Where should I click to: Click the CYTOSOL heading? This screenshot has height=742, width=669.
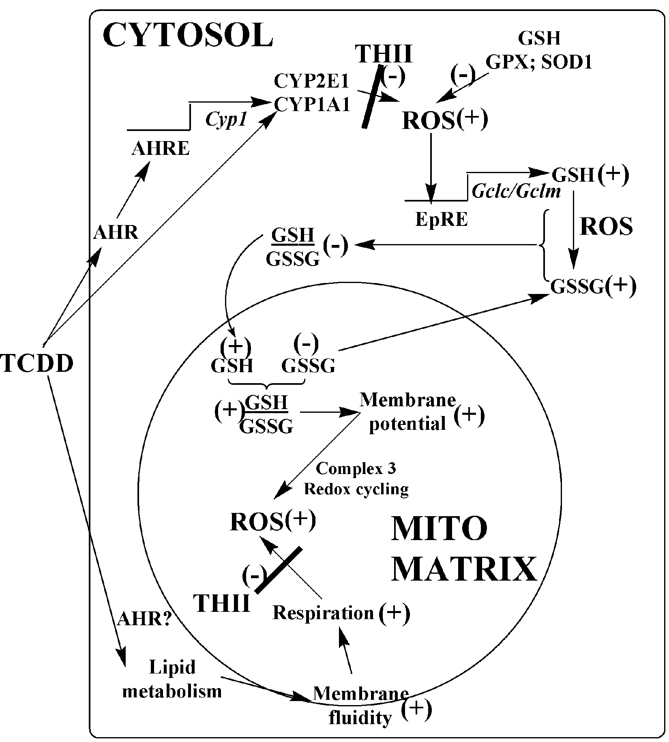click(x=188, y=35)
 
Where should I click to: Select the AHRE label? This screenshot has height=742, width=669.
click(x=161, y=149)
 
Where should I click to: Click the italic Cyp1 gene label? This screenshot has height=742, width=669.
click(x=226, y=120)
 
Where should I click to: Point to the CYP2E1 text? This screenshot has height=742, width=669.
click(x=311, y=81)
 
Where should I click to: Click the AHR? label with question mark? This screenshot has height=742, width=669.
click(x=145, y=619)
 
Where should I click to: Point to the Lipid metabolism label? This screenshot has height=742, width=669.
click(x=172, y=679)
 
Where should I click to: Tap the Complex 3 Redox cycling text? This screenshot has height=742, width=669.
click(x=356, y=479)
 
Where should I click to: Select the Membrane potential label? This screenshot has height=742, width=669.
click(x=407, y=412)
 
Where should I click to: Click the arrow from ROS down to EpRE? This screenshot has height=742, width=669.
click(x=431, y=167)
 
